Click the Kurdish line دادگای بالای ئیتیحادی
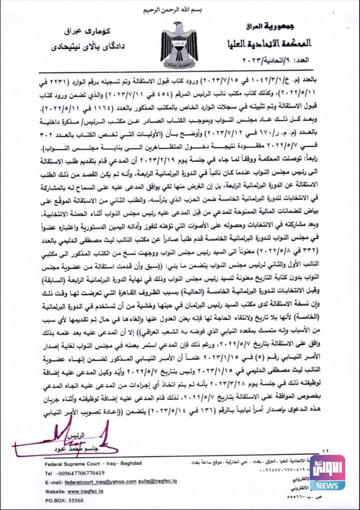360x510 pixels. coord(80,47)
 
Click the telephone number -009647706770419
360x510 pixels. coord(75,473)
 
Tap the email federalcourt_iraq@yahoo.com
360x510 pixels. coord(100,482)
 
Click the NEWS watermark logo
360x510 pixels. coord(328,472)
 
